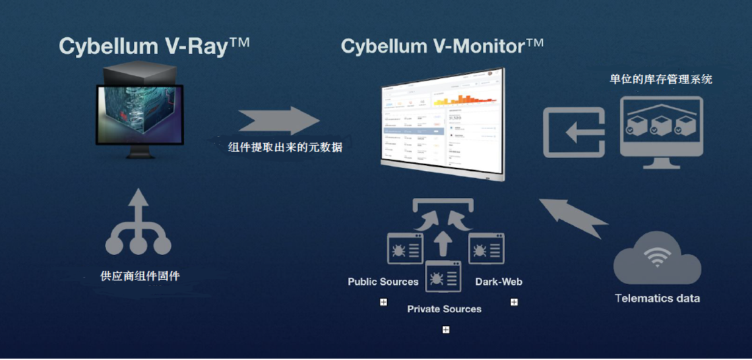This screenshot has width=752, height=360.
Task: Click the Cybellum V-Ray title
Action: tap(154, 46)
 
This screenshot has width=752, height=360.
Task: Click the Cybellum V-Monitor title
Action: tap(442, 46)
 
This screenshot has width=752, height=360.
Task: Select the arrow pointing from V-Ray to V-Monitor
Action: tap(278, 121)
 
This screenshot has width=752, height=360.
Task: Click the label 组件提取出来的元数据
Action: tap(285, 147)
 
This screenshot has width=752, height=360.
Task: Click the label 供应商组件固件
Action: tap(140, 276)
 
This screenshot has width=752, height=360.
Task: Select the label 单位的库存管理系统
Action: tap(660, 80)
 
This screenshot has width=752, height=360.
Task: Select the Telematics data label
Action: tap(657, 298)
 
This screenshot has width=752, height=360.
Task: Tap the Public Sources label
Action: tap(383, 282)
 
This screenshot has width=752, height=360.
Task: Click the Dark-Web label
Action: tap(499, 282)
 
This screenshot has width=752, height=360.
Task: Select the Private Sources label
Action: tap(444, 309)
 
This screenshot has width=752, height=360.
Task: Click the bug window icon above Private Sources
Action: tap(443, 276)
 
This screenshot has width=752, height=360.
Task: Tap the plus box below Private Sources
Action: tap(445, 330)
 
